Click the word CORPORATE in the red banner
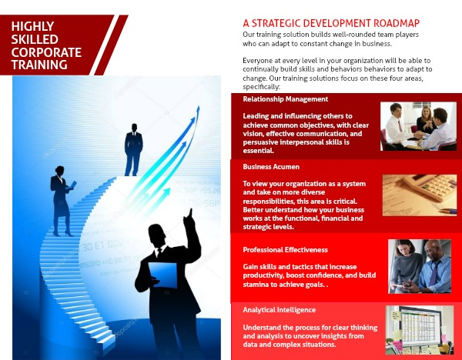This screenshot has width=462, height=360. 46,52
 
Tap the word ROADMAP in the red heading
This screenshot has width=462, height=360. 397,23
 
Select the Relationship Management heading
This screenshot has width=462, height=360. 285,99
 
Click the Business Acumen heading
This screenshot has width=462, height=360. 271,167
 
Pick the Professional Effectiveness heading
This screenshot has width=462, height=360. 285,250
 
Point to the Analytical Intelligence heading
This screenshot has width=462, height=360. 279,310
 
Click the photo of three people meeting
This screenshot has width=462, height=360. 418,126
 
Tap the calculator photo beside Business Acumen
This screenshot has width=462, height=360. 420,195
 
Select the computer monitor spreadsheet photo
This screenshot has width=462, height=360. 420,330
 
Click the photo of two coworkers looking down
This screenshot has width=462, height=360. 420,266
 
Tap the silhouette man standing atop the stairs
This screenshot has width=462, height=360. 133,150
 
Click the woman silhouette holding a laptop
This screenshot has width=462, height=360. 62,201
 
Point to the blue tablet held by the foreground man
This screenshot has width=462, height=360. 162,275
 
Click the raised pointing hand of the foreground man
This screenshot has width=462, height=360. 189,217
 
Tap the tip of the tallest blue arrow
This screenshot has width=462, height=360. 199,107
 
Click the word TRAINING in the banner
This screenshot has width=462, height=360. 39,65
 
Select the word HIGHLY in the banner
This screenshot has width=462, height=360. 32,26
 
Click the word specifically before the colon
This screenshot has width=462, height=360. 260,87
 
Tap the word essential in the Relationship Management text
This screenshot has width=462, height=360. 258,151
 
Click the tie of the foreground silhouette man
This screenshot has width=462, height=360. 159,252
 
